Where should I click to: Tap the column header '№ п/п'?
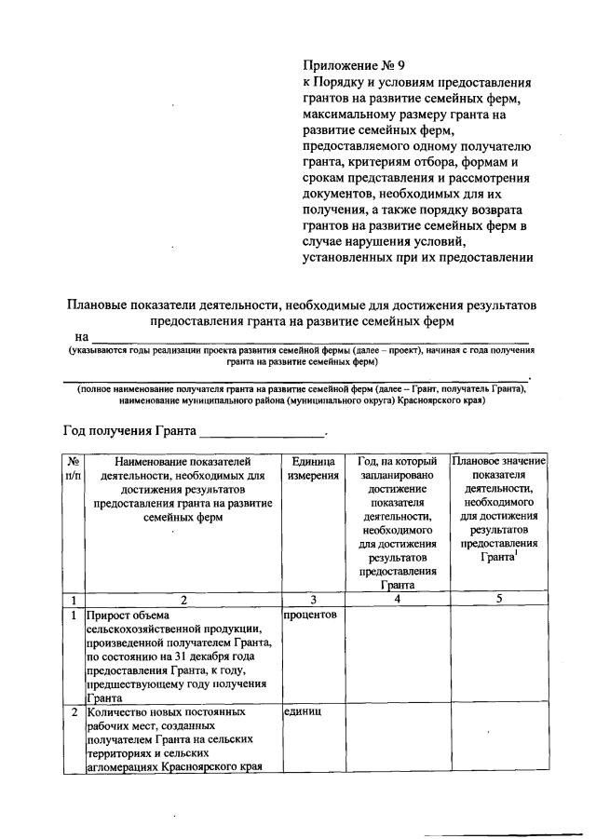click(x=73, y=468)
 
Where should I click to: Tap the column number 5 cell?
click(x=498, y=599)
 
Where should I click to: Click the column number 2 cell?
click(x=183, y=599)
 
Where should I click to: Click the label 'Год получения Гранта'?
click(x=129, y=431)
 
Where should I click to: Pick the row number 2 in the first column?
click(x=73, y=712)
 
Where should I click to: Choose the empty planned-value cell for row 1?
click(x=498, y=656)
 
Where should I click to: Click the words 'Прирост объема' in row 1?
click(x=129, y=616)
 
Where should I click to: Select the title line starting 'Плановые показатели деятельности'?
click(x=302, y=305)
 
